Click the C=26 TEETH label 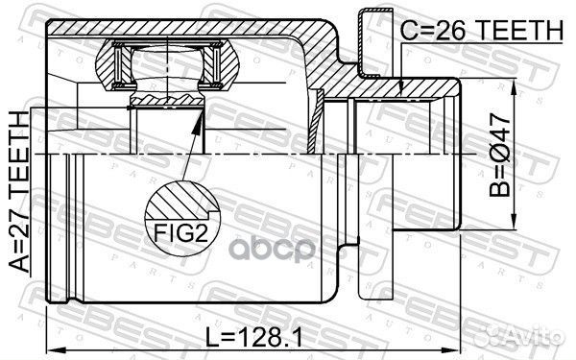(x=479, y=31)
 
